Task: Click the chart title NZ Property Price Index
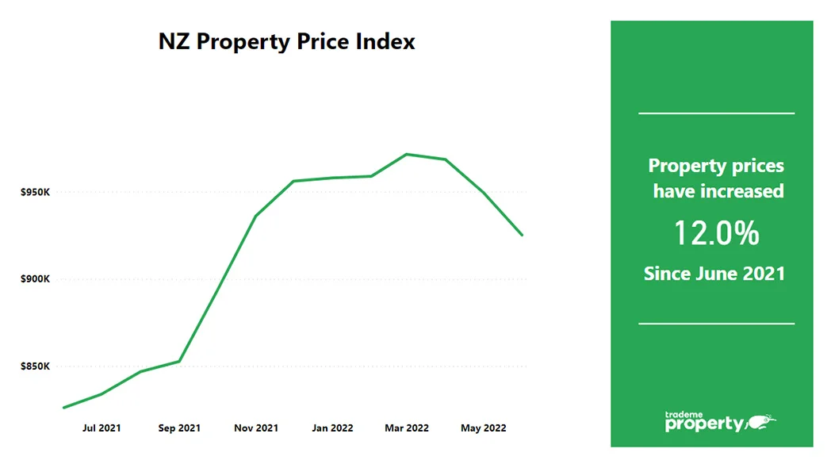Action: pyautogui.click(x=286, y=41)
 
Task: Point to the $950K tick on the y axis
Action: pyautogui.click(x=35, y=193)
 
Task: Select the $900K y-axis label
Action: pyautogui.click(x=35, y=280)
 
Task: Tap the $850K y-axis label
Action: pyautogui.click(x=35, y=366)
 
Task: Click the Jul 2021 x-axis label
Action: pyautogui.click(x=101, y=428)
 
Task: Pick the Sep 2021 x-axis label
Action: pyautogui.click(x=179, y=428)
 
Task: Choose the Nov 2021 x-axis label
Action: pyautogui.click(x=256, y=428)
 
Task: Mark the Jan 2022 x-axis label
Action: pyautogui.click(x=332, y=428)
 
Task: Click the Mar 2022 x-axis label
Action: pyautogui.click(x=407, y=428)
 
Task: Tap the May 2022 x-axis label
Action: pyautogui.click(x=483, y=428)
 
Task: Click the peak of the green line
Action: pyautogui.click(x=407, y=154)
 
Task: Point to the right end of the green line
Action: pyautogui.click(x=522, y=235)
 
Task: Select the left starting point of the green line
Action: pyautogui.click(x=63, y=408)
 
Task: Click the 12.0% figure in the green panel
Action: pyautogui.click(x=716, y=233)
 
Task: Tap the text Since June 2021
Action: pyautogui.click(x=714, y=274)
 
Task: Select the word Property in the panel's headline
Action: pyautogui.click(x=687, y=166)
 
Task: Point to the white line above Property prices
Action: pyautogui.click(x=716, y=113)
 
